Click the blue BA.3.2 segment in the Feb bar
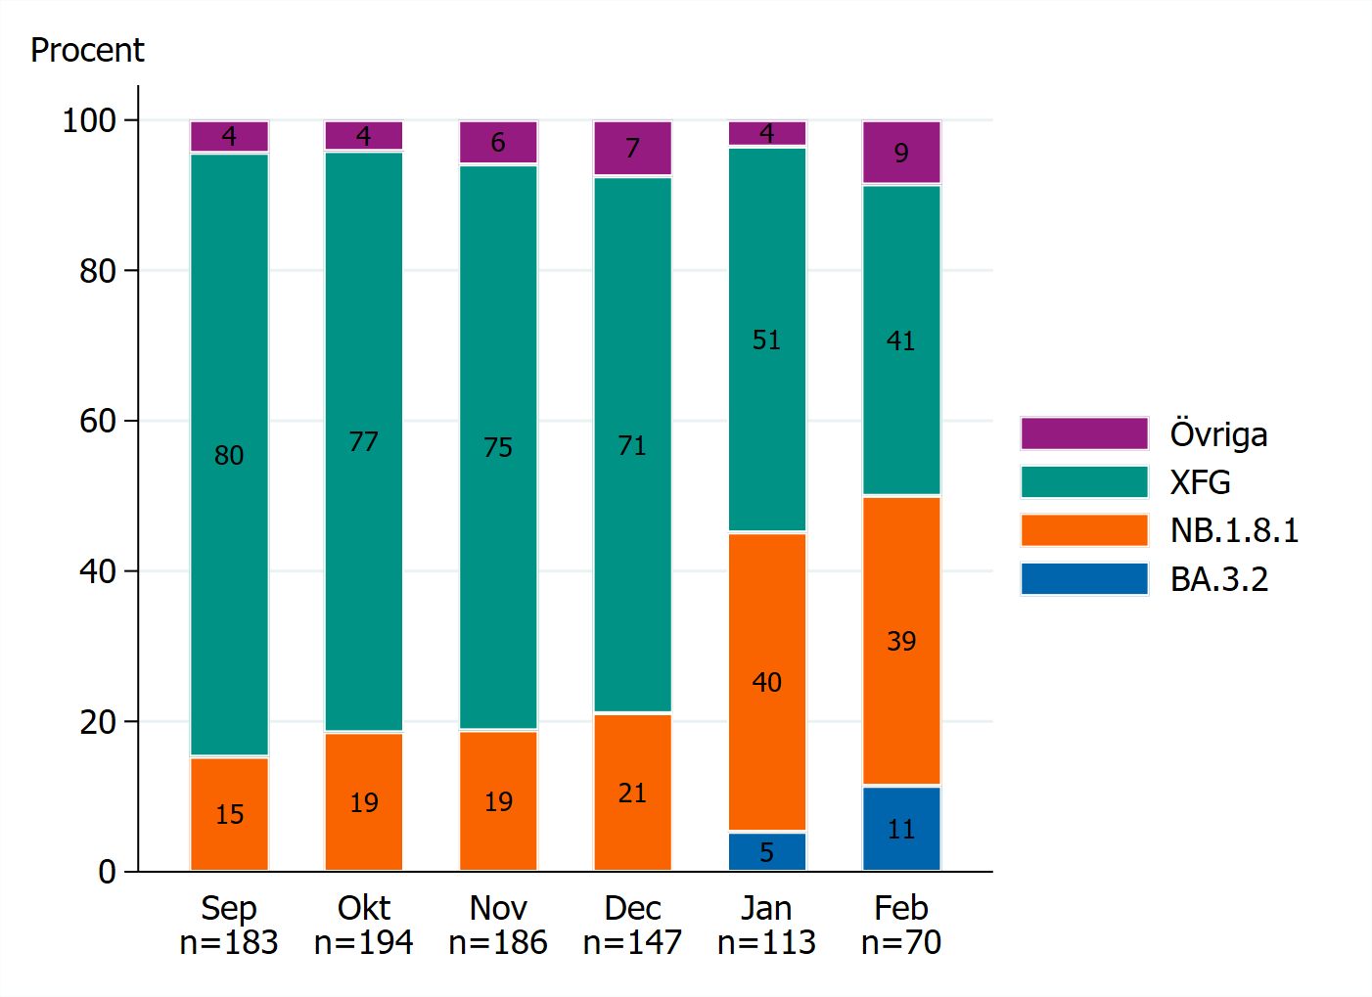(900, 828)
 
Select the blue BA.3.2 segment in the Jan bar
(766, 851)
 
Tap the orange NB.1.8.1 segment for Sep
(229, 813)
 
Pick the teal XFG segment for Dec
(632, 444)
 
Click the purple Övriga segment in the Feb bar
(900, 153)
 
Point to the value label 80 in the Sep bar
(229, 455)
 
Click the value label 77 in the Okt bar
(363, 442)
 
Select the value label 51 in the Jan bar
(766, 340)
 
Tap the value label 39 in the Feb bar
(900, 641)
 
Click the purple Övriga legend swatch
(1083, 433)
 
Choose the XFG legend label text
(1200, 482)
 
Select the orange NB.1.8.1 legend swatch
(1083, 530)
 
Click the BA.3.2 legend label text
(1218, 579)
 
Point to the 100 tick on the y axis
(89, 120)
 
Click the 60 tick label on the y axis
(98, 421)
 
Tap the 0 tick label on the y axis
(107, 872)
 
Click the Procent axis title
(87, 50)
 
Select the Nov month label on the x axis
(497, 908)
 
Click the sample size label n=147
(632, 942)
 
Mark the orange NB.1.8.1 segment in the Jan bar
(766, 682)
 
